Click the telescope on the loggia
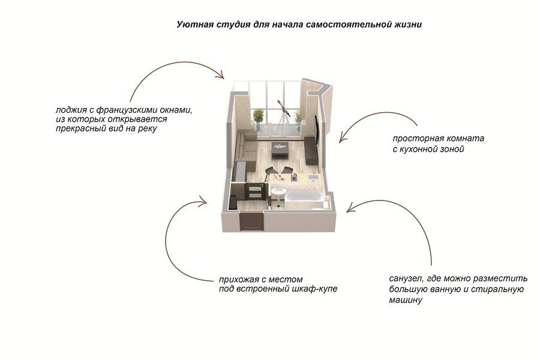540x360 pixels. [283, 115]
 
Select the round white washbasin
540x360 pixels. [278, 191]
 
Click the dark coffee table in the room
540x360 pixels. [280, 149]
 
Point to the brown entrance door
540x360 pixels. [251, 222]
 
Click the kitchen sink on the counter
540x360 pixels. [314, 178]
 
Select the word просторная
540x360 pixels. [414, 139]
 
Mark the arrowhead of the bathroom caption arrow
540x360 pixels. [351, 208]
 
